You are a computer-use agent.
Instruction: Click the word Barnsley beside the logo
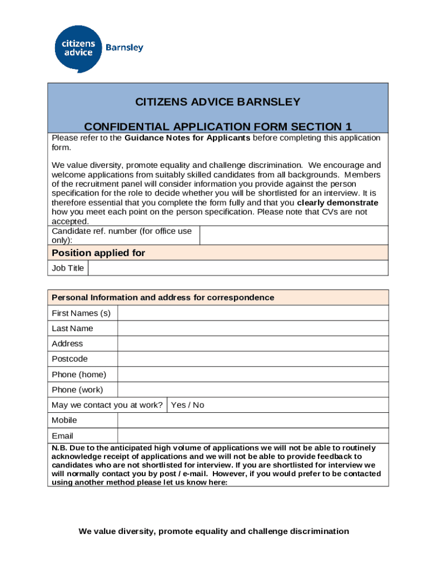(x=125, y=47)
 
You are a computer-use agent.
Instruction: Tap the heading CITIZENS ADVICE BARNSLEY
(x=218, y=102)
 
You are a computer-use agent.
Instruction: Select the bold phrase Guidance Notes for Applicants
(x=187, y=138)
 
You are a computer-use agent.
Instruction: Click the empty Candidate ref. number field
(x=293, y=235)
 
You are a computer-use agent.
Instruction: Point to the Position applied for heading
(x=98, y=253)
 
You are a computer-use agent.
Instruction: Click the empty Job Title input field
(x=237, y=268)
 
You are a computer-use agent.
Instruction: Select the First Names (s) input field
(x=252, y=313)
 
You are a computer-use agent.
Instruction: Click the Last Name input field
(x=252, y=328)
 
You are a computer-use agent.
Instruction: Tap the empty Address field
(x=252, y=343)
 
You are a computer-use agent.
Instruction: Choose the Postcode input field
(x=252, y=359)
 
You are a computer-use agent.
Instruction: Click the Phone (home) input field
(x=252, y=374)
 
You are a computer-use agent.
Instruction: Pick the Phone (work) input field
(x=252, y=390)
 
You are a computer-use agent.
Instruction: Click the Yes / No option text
(x=188, y=405)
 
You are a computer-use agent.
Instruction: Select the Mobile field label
(x=64, y=420)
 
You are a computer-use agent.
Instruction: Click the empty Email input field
(x=252, y=436)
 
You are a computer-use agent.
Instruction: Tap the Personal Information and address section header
(x=163, y=297)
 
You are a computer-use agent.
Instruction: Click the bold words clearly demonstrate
(x=338, y=203)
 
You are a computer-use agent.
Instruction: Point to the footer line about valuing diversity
(x=214, y=531)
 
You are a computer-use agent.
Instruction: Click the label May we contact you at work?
(x=107, y=405)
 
